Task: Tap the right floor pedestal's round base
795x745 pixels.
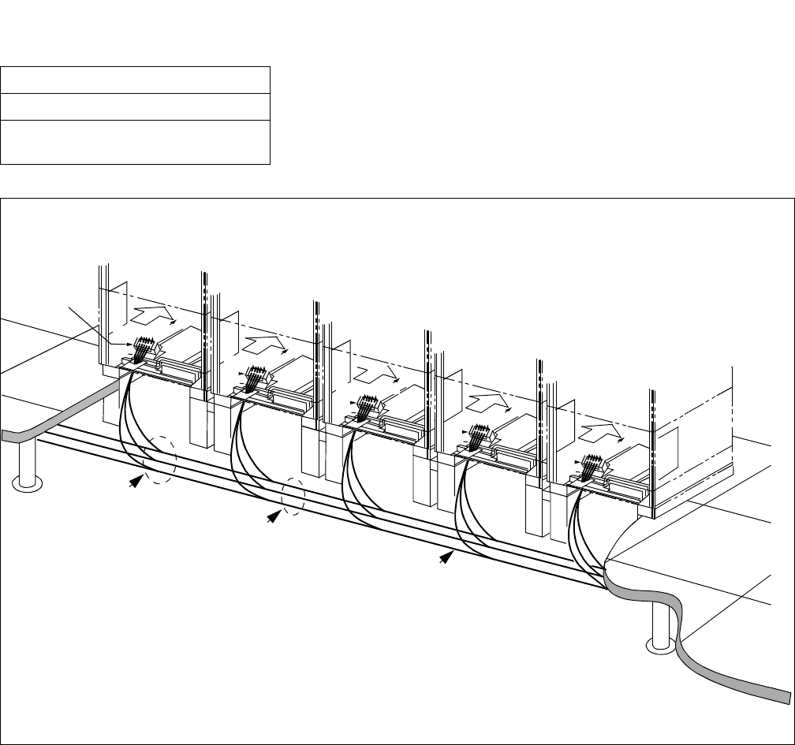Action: [x=662, y=645]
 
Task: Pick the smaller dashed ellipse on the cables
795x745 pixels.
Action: [x=293, y=498]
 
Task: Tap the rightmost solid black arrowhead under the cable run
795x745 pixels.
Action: [x=447, y=557]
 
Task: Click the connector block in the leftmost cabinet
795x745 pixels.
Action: [x=144, y=348]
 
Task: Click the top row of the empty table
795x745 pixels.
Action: [x=136, y=80]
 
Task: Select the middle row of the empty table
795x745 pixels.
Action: [x=136, y=106]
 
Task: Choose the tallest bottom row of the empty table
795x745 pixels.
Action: [x=136, y=142]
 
